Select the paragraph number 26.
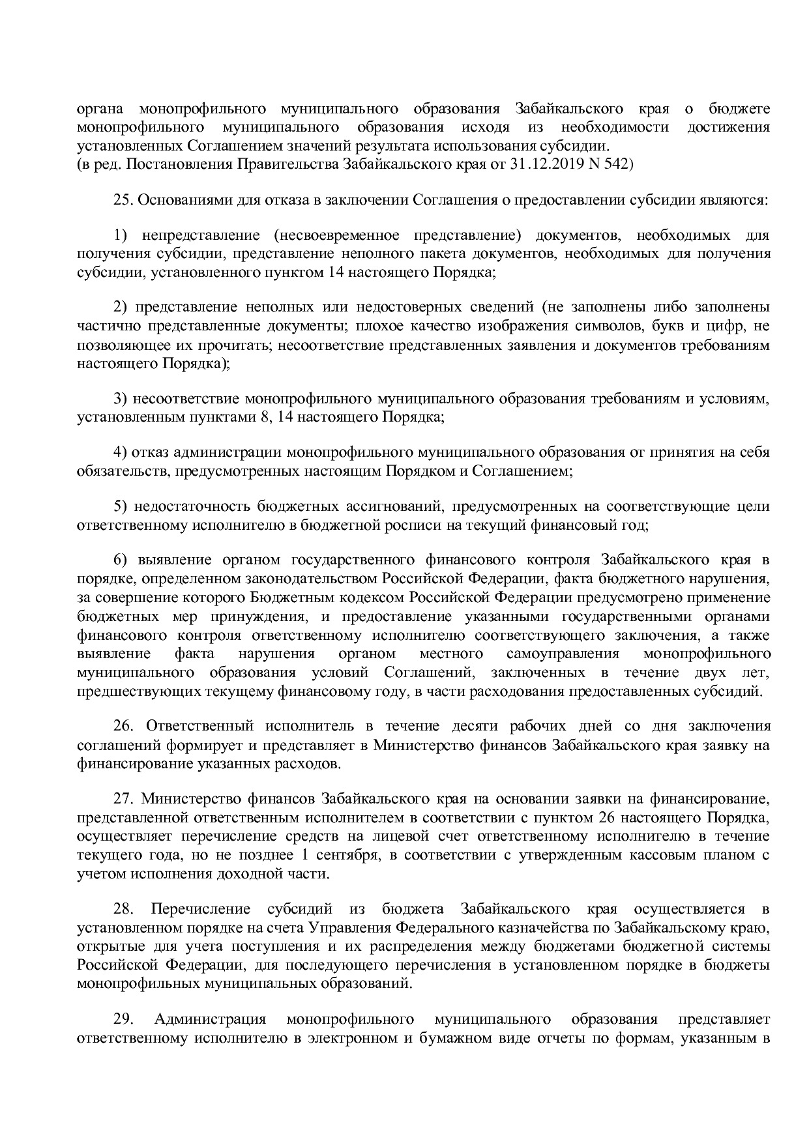(x=123, y=726)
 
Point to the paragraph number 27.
(x=123, y=798)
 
